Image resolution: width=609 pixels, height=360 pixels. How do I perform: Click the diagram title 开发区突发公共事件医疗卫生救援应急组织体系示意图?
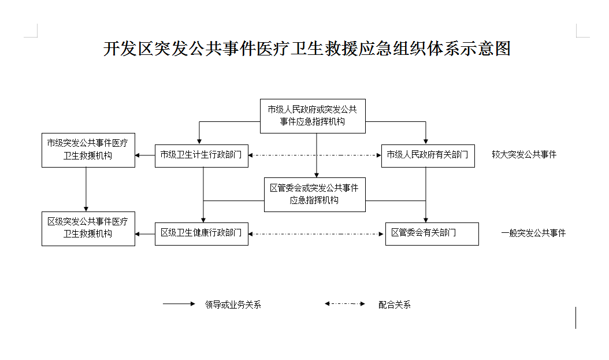pos(307,49)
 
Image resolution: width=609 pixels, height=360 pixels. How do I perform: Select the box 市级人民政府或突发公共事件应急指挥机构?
pos(313,116)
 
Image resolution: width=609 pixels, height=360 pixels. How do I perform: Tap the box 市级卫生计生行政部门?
pos(202,155)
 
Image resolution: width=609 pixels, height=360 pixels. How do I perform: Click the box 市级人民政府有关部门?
pos(428,155)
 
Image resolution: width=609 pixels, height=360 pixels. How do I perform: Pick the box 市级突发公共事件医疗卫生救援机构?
pos(88,150)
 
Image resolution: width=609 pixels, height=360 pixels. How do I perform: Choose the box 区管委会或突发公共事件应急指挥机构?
pos(314,195)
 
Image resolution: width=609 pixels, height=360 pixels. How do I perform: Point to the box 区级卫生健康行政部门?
pos(202,234)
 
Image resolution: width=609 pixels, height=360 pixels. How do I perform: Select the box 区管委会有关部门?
pos(432,234)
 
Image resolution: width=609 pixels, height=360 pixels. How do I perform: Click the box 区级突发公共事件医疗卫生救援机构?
pos(88,229)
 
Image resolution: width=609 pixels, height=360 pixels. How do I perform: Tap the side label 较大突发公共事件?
pos(524,154)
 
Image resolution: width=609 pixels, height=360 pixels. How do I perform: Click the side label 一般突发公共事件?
pos(533,233)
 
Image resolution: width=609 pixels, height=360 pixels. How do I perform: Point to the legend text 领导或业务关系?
pos(233,305)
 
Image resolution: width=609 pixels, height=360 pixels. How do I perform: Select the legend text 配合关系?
pos(395,305)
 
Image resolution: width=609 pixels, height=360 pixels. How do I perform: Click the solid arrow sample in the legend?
pos(179,304)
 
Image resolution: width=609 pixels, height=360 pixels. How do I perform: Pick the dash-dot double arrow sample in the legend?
pos(345,304)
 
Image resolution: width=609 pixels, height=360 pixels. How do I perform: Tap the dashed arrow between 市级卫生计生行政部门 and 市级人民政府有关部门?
pos(314,155)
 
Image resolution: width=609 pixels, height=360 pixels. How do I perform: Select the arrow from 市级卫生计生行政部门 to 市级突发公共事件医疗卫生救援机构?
pos(145,155)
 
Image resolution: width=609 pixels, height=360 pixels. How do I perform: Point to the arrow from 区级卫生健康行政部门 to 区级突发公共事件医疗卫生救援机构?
pos(145,234)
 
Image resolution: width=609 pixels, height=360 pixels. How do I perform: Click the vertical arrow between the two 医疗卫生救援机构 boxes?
pos(86,190)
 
